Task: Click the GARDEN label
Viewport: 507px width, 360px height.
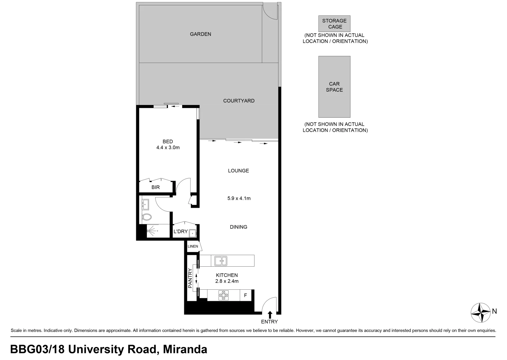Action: [x=200, y=34]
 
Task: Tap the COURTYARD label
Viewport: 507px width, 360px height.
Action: [x=239, y=101]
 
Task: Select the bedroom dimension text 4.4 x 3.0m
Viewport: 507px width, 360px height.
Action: [x=168, y=147]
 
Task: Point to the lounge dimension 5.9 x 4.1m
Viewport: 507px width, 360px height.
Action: [x=239, y=198]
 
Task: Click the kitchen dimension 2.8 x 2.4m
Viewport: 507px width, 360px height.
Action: [x=227, y=281]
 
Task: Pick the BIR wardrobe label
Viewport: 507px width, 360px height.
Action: [x=156, y=187]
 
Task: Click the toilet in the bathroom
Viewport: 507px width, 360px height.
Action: [x=147, y=217]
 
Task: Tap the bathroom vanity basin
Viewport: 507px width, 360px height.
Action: [x=145, y=204]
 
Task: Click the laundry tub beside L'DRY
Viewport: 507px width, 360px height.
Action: [x=193, y=233]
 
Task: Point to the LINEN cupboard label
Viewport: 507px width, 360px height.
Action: [x=193, y=246]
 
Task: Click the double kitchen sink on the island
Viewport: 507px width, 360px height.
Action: [x=221, y=261]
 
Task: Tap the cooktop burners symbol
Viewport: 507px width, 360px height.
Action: [x=224, y=295]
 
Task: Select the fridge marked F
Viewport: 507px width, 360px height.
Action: [x=246, y=295]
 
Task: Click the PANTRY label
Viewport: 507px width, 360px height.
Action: [x=190, y=278]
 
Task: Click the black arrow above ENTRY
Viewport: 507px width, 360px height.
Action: [x=269, y=314]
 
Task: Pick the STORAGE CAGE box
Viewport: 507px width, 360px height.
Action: [x=334, y=24]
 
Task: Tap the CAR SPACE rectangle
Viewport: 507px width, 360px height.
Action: [x=334, y=87]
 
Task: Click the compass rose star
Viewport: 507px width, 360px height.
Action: [x=480, y=312]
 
